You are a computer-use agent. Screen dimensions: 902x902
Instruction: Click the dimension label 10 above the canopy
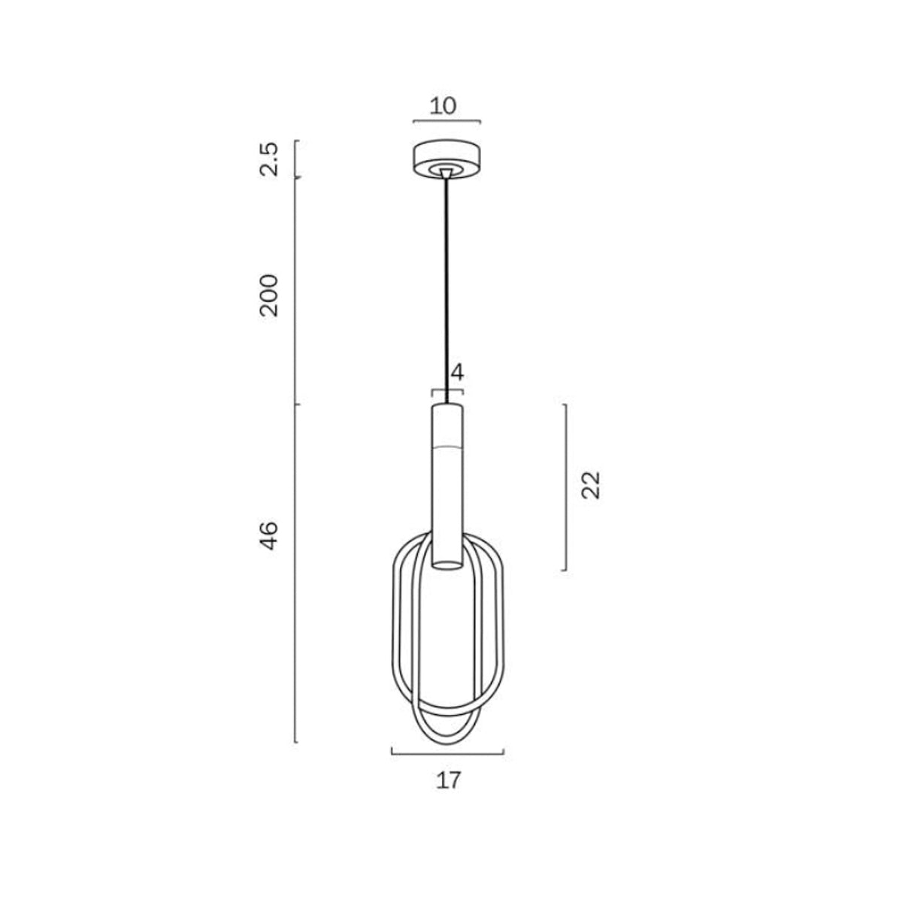click(443, 105)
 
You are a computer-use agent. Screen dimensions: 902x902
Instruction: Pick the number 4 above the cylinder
click(457, 372)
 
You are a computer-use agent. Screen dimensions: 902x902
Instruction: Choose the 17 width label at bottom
click(448, 780)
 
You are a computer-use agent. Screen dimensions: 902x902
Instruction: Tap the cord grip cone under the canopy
click(447, 174)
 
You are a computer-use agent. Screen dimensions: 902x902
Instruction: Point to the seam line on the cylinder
click(447, 446)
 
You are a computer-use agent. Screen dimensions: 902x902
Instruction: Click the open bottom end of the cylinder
click(447, 564)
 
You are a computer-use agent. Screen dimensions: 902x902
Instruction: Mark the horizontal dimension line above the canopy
click(447, 121)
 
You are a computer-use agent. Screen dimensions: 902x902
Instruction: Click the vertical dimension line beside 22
click(565, 487)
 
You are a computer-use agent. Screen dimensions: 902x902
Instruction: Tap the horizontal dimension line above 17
click(447, 752)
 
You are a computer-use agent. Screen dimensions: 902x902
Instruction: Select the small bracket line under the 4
click(447, 390)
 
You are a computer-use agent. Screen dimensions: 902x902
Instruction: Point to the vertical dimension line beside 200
click(296, 293)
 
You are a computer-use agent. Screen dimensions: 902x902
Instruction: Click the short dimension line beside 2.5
click(296, 159)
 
